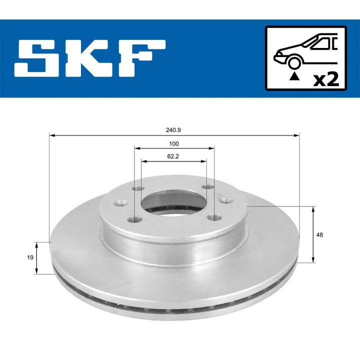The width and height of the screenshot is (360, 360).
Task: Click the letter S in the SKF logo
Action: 39,58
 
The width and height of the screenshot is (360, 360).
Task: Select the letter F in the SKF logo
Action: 140,58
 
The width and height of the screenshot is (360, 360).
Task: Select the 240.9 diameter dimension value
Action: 173,129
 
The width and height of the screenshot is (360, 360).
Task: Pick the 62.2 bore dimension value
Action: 174,156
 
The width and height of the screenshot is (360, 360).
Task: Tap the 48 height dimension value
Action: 320,234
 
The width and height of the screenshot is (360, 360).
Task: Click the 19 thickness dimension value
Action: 30,257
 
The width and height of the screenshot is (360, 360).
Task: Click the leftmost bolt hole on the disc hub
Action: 119,203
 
